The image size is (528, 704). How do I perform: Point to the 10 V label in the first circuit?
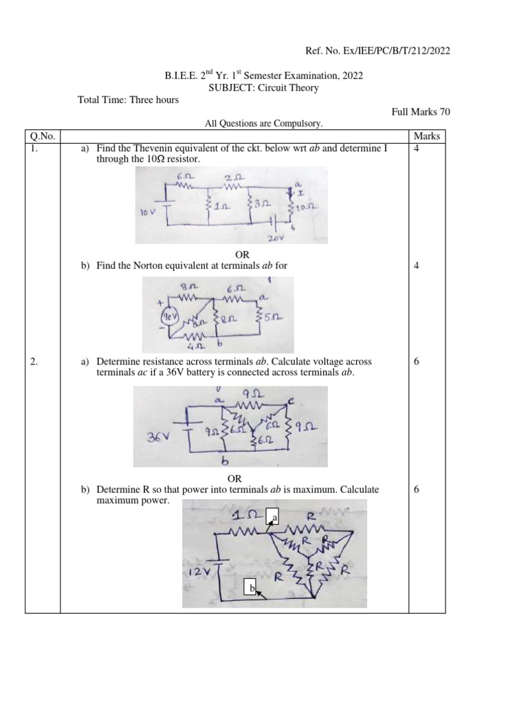[150, 213]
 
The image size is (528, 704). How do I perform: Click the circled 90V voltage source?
[170, 318]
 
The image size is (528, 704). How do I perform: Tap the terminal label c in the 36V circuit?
[291, 400]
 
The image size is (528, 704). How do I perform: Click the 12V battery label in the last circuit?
[197, 572]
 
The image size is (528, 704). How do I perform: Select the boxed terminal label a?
[274, 517]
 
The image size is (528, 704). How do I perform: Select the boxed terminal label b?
[252, 588]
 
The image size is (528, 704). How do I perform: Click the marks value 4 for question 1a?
[417, 148]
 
